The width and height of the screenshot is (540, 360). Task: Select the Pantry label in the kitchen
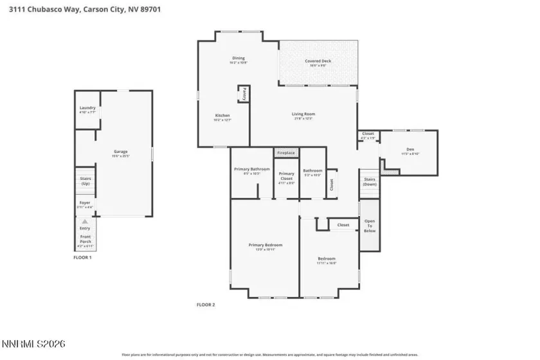tap(244, 94)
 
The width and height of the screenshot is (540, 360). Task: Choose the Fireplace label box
tap(286, 153)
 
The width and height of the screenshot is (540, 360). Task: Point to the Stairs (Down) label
tap(369, 181)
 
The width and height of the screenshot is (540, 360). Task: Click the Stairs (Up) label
tap(85, 182)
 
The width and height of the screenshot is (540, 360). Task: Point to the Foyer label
tap(85, 204)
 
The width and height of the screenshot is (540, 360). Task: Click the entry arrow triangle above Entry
tap(85, 221)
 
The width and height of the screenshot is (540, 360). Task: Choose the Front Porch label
tap(85, 239)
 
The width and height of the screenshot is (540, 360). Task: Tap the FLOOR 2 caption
tap(206, 305)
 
